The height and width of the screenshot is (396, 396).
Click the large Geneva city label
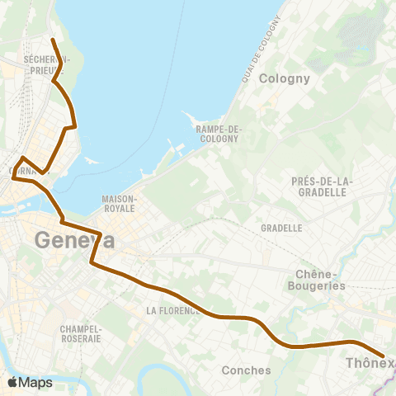pos(74,241)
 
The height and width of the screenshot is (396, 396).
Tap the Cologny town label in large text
pos(284,79)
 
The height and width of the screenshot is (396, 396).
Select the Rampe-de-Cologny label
pos(217,134)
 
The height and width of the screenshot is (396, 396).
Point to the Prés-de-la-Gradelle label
pos(322,186)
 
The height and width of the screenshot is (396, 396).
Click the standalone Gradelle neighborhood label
pos(280,228)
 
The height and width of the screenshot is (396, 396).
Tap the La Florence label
pos(172,311)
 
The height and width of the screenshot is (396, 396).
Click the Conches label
pos(246,370)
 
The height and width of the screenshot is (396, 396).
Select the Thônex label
pos(370,363)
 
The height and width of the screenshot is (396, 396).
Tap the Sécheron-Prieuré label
pos(48,65)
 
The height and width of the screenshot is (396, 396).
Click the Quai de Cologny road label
pos(258,49)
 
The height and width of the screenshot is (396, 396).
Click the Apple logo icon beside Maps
pos(12,382)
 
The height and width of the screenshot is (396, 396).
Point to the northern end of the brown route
pos(52,39)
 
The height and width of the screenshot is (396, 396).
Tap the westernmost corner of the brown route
pos(12,177)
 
